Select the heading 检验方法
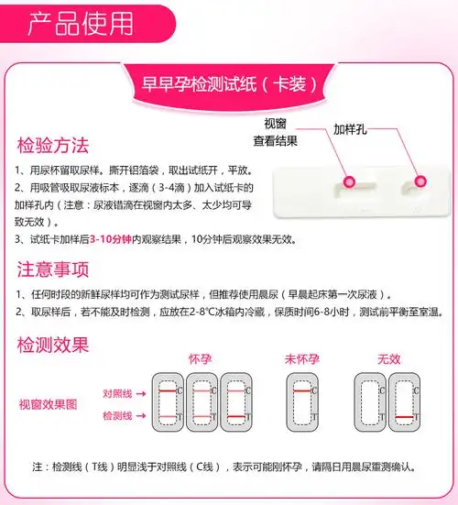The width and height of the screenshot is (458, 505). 53,146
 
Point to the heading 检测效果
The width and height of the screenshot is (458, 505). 53,346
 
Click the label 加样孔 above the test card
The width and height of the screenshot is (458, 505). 351,129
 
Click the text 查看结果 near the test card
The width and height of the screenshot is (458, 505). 275,141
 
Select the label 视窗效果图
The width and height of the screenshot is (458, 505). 48,404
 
